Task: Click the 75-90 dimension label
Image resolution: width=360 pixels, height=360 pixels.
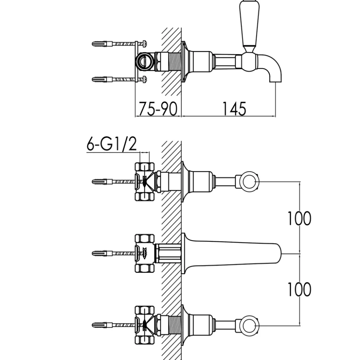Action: pos(158,109)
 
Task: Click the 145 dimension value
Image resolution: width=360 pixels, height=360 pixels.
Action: pos(234,109)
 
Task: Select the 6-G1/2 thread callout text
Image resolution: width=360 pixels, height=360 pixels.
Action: pos(111,144)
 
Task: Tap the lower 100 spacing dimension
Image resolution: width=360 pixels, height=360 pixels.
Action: pos(300,289)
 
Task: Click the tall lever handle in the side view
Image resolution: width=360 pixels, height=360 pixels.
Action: pos(249,25)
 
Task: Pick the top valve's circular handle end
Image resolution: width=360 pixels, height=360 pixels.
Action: pos(249,182)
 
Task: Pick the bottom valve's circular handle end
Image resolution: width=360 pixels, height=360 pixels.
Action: pos(249,326)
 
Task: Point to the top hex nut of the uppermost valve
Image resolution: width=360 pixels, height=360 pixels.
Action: pos(145,167)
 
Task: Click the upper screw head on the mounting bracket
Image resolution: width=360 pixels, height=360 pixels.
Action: pos(145,43)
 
